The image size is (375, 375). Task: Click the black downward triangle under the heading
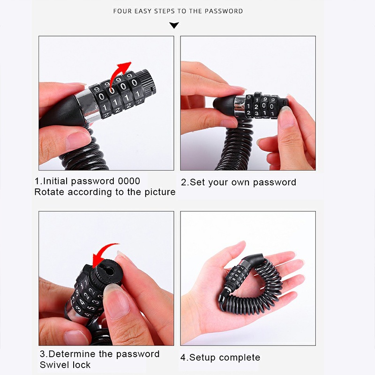(x=174, y=25)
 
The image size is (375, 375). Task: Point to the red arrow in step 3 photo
(x=103, y=254)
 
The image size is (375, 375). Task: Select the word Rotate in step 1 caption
(x=49, y=192)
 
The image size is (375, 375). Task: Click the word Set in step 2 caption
(x=197, y=182)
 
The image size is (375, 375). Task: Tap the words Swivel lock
(x=65, y=365)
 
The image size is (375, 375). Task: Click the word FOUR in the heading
(x=123, y=11)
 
